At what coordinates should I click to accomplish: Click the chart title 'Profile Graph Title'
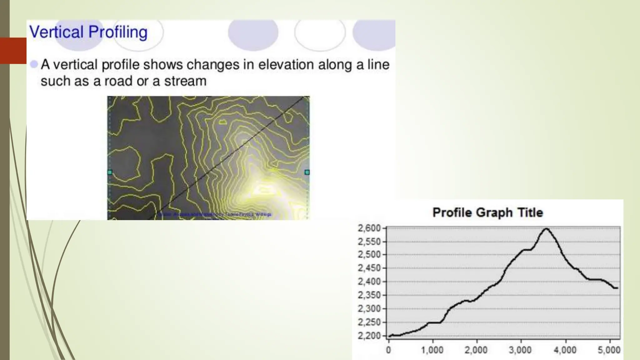(x=487, y=213)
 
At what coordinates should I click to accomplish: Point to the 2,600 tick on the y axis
(x=369, y=228)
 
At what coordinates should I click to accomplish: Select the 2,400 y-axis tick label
(x=369, y=282)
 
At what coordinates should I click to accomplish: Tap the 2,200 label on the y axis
(x=369, y=336)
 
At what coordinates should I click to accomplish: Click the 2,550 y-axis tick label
(x=369, y=242)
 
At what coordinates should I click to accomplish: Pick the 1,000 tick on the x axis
(x=432, y=350)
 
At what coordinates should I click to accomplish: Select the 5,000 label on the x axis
(x=609, y=350)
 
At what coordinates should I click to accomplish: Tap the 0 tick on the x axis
(x=388, y=350)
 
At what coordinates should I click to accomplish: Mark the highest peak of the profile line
(x=546, y=229)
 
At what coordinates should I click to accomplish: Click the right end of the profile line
(x=617, y=288)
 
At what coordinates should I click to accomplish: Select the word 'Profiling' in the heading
(x=118, y=32)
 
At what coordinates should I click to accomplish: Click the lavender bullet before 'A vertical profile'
(x=34, y=64)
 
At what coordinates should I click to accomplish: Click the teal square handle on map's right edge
(x=307, y=172)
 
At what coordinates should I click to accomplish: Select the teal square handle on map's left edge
(x=110, y=172)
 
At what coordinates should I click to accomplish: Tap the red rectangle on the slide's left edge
(x=13, y=51)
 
